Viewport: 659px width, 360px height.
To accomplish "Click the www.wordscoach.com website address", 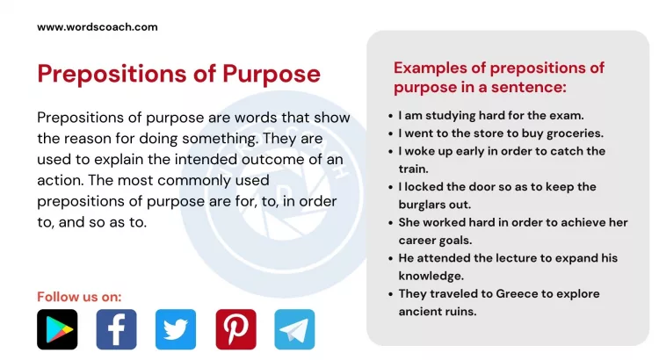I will [98, 27].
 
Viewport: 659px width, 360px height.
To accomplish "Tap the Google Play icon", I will [57, 329].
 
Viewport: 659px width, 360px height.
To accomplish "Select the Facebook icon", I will [116, 329].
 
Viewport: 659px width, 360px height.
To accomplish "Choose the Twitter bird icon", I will [176, 329].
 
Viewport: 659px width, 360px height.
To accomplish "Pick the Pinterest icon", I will [235, 329].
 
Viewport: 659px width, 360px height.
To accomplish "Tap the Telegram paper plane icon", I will [294, 329].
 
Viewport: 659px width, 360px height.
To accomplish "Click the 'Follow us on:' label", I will [79, 296].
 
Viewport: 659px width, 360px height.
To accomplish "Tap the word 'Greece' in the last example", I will [504, 293].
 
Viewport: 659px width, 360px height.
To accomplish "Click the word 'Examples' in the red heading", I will [432, 68].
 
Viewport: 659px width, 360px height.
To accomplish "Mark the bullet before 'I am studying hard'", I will [390, 115].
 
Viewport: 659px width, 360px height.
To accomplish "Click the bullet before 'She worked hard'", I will [390, 222].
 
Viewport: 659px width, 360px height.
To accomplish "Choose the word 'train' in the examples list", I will [412, 169].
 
